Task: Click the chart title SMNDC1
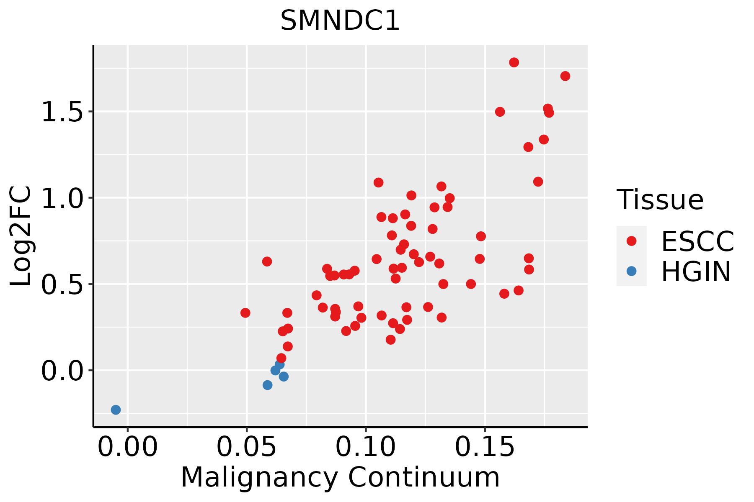(340, 20)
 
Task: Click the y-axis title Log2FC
(21, 236)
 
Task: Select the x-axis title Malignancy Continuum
(340, 477)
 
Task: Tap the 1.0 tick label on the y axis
(62, 198)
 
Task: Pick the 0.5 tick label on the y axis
(62, 284)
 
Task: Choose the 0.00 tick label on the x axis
(128, 447)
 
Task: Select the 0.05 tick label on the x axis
(247, 447)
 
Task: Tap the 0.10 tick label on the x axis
(366, 447)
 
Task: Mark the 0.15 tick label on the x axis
(485, 447)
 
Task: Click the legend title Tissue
(660, 200)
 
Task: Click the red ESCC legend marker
(631, 241)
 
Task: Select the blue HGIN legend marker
(631, 271)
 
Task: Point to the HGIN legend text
(696, 271)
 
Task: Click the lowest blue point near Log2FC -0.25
(116, 410)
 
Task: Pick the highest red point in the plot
(514, 62)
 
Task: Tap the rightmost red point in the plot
(565, 76)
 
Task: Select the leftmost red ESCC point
(245, 313)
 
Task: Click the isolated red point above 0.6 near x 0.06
(267, 261)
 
